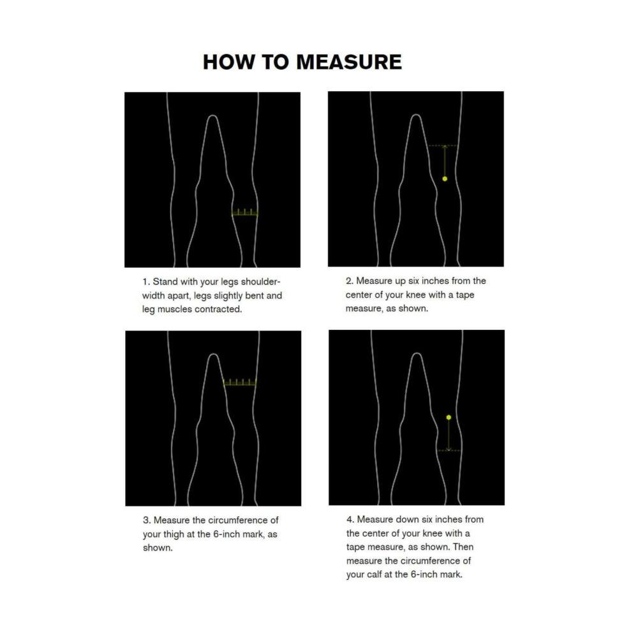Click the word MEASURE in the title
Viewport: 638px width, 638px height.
click(x=349, y=62)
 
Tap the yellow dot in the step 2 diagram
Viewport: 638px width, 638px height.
click(x=445, y=179)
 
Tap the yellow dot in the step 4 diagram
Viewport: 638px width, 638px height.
click(x=449, y=417)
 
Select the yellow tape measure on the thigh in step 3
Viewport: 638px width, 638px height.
click(x=240, y=383)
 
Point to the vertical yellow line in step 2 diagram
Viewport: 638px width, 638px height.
click(x=445, y=161)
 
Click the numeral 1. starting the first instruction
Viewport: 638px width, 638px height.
click(x=146, y=281)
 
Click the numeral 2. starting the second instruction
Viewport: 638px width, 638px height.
click(x=350, y=281)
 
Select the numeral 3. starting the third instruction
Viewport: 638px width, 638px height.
click(x=147, y=521)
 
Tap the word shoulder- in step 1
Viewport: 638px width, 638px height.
click(x=259, y=281)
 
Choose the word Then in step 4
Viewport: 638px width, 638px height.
click(x=463, y=547)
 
